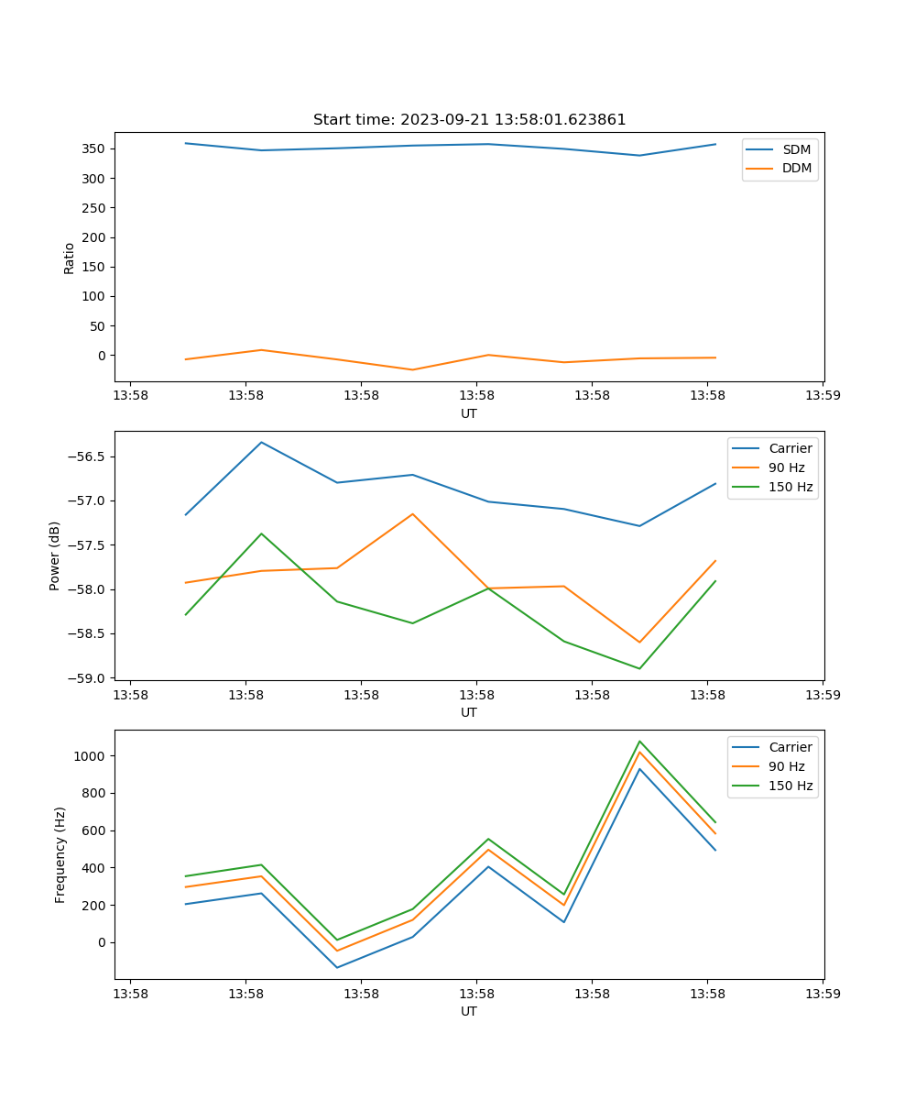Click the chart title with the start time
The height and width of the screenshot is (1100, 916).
tap(469, 120)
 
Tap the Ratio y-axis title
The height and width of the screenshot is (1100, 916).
tap(70, 258)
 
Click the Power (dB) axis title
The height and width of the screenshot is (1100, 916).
tap(56, 555)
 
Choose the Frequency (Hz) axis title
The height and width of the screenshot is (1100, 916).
tap(60, 854)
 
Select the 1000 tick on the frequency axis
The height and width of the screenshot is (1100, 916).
tap(90, 756)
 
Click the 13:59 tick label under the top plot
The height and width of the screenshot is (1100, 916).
tap(822, 396)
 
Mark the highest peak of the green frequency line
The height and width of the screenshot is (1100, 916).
tap(639, 741)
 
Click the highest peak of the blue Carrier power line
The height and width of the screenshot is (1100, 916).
tap(261, 442)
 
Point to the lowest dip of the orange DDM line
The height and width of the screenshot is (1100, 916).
tap(412, 370)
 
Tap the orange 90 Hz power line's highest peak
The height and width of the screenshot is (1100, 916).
tap(412, 513)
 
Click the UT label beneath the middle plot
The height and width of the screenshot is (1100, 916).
tap(469, 712)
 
